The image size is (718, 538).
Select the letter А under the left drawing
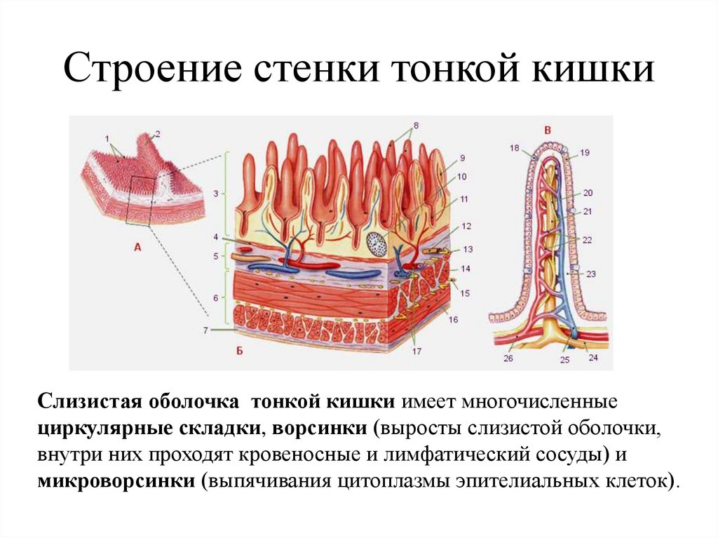coord(137,247)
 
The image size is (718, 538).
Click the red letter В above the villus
coord(548,130)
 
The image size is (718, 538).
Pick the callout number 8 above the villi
coord(416,126)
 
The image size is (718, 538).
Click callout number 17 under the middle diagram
coord(417,351)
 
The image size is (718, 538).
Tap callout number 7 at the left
coord(205,330)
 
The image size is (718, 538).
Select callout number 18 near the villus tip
coord(515,149)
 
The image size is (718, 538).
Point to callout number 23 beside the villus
coord(591,274)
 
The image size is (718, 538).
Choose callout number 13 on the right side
coord(468,248)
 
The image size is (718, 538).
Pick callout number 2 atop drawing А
coord(158,133)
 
